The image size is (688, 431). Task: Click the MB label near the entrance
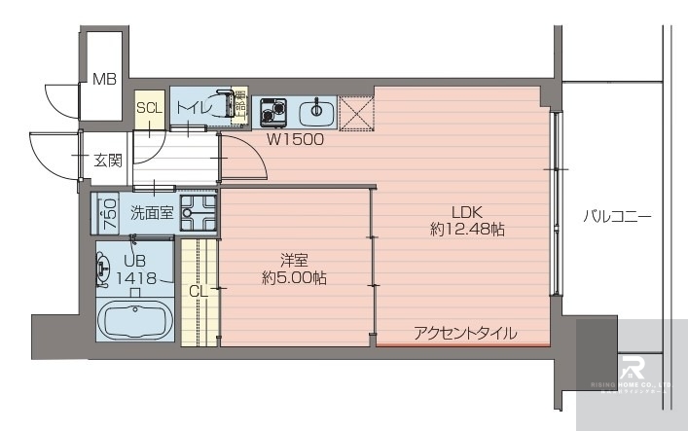pos(104,80)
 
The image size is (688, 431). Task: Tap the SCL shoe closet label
pos(149,108)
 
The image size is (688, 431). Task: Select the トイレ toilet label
pos(194,108)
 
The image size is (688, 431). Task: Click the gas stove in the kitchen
pos(272,112)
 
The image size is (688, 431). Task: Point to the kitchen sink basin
pos(315,113)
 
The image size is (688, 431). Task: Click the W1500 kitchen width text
pos(296,139)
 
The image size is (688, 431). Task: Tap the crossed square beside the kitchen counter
pos(355,113)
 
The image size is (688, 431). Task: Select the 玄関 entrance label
pos(107,161)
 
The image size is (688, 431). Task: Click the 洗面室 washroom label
pos(152,213)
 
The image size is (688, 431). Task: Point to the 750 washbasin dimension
pos(110,212)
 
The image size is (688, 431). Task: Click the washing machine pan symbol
pos(199,212)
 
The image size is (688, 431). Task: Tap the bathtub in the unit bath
pos(136,318)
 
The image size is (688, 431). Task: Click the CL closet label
pos(198,289)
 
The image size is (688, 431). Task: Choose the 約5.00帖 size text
pos(294,278)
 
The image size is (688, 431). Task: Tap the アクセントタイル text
pos(465,333)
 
